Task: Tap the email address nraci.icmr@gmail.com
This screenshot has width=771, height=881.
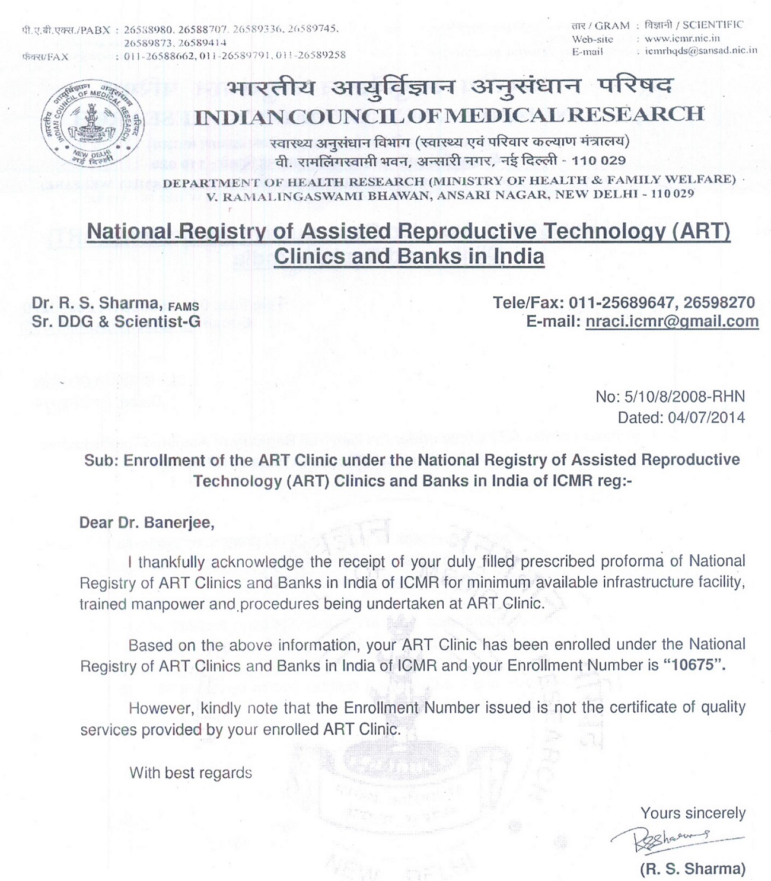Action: click(x=671, y=321)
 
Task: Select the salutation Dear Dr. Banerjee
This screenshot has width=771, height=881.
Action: click(x=146, y=524)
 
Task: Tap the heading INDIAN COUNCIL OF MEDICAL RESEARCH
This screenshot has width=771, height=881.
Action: click(x=450, y=114)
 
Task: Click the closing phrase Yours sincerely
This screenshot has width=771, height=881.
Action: click(x=693, y=813)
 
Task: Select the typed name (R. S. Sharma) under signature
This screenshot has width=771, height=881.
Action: click(x=692, y=869)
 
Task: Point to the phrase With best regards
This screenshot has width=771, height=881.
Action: click(x=190, y=773)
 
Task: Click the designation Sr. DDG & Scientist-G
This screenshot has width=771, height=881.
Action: click(x=116, y=321)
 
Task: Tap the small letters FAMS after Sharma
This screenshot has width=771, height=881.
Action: click(x=183, y=307)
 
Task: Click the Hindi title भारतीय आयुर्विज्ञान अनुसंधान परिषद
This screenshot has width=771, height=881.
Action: click(x=450, y=87)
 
